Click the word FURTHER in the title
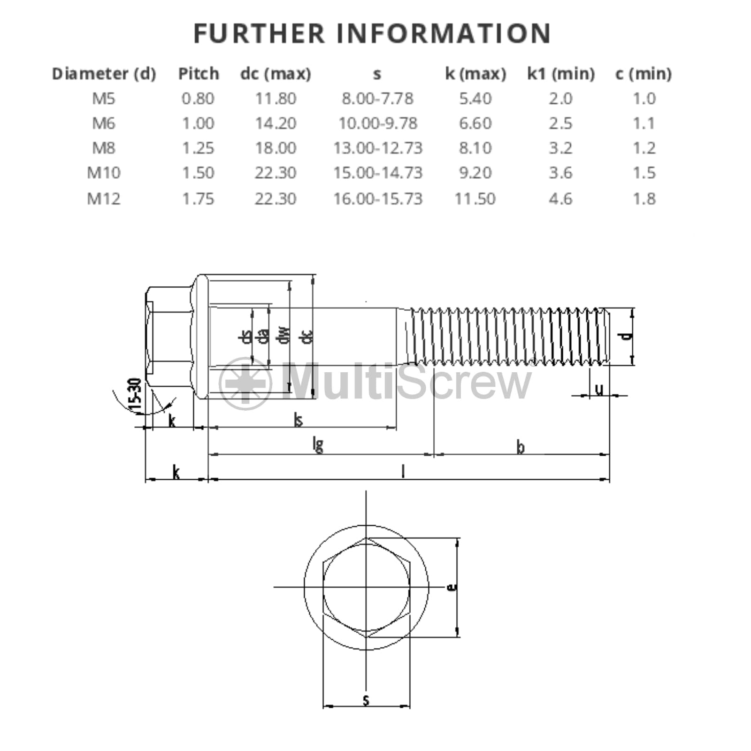tap(259, 33)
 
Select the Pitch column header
tap(199, 74)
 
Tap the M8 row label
tap(104, 148)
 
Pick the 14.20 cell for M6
tap(276, 123)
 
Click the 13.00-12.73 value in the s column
tap(378, 148)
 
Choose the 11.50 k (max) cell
tap(475, 199)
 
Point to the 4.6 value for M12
tap(560, 199)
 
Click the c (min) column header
tap(644, 74)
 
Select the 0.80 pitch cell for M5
tap(198, 99)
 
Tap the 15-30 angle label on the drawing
tap(135, 395)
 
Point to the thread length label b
tap(520, 447)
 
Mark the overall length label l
tap(403, 471)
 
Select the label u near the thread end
tap(599, 389)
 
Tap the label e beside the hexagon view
tap(452, 587)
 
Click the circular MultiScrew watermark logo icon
tap(245, 383)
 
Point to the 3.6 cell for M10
tap(560, 173)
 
